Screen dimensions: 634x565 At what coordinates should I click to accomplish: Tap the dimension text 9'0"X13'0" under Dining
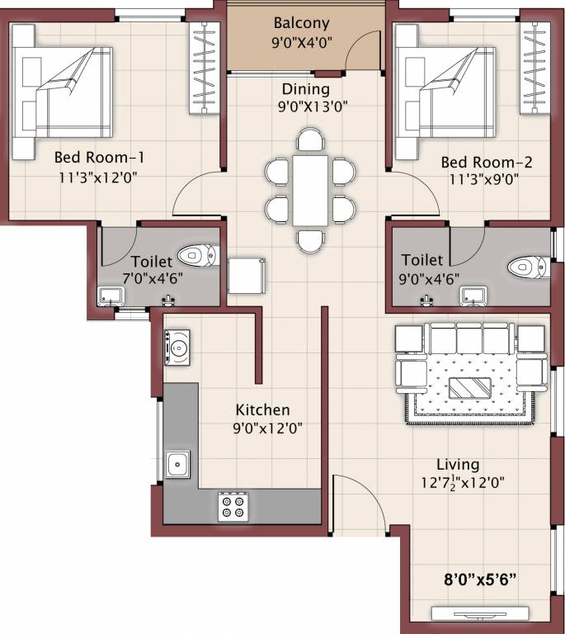click(x=305, y=105)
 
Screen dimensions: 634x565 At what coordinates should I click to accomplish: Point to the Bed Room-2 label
click(x=486, y=162)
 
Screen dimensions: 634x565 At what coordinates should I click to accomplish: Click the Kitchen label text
click(x=262, y=409)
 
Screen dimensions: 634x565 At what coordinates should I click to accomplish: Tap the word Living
click(x=458, y=465)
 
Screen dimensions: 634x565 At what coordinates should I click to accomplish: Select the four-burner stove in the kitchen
click(x=233, y=506)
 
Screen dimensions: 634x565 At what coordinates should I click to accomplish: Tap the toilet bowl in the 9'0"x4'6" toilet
click(x=525, y=267)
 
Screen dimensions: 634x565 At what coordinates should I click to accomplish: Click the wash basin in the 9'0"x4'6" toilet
click(x=473, y=295)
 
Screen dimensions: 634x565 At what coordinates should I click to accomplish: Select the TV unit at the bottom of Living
click(x=479, y=613)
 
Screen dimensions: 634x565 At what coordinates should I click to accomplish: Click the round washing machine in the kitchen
click(x=177, y=347)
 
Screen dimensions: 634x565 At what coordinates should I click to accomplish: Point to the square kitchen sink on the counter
click(x=177, y=465)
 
